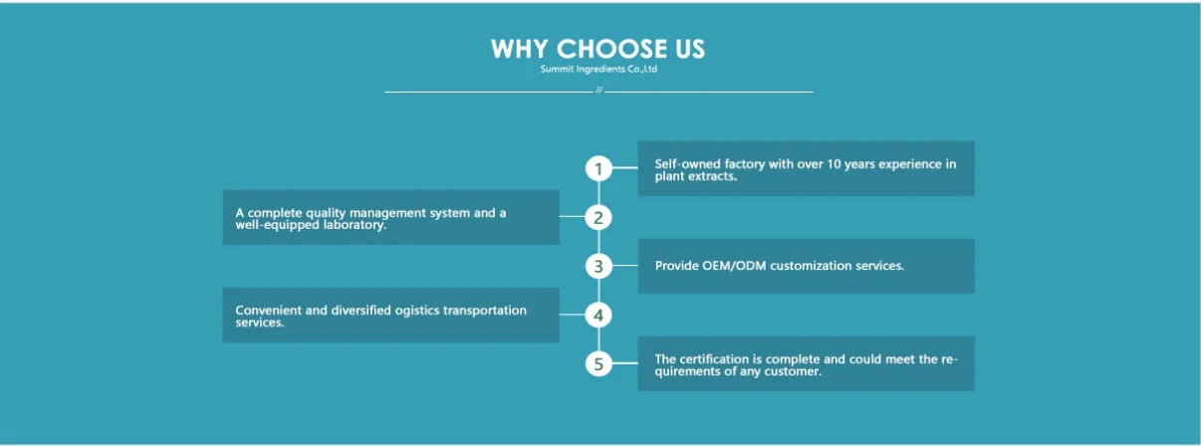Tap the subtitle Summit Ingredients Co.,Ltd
(x=599, y=69)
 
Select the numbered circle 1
(x=599, y=168)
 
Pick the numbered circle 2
(x=599, y=218)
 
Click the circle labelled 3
(x=599, y=267)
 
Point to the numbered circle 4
(x=599, y=316)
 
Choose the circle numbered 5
(x=599, y=364)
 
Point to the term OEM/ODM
(x=734, y=266)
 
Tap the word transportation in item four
(x=485, y=311)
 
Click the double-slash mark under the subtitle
(x=599, y=90)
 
